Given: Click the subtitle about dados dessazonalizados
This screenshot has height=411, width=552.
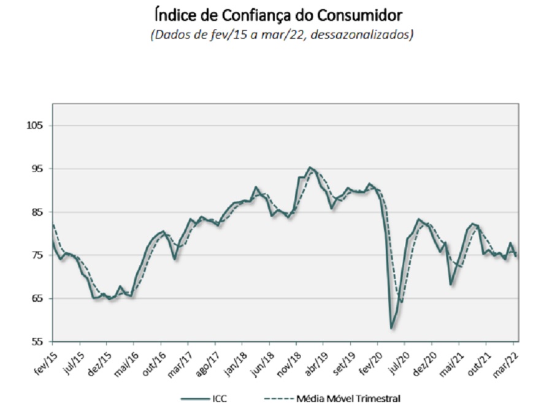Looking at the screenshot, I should pyautogui.click(x=282, y=34).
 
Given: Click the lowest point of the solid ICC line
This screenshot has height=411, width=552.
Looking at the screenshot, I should pyautogui.click(x=391, y=328).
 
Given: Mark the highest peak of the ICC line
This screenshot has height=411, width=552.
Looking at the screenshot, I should pyautogui.click(x=310, y=167).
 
